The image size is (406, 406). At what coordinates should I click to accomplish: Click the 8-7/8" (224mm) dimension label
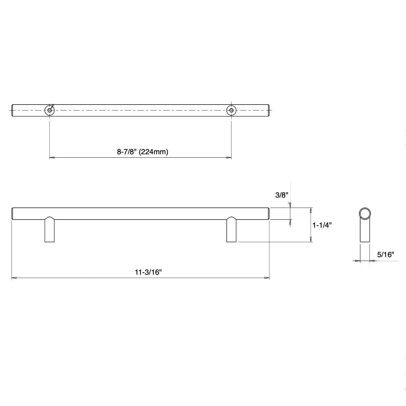[x=142, y=152]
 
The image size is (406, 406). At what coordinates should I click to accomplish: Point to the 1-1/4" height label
[x=322, y=225]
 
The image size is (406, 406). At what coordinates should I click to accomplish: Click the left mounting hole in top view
[x=50, y=110]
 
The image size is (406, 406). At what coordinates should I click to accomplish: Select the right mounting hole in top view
[x=231, y=110]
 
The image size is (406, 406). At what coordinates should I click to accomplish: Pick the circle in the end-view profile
[x=365, y=213]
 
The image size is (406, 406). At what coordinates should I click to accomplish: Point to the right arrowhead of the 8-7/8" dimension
[x=229, y=158]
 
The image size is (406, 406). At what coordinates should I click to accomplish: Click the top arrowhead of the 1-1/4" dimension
[x=311, y=210]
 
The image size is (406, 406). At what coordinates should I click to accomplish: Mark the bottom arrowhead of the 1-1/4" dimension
[x=311, y=240]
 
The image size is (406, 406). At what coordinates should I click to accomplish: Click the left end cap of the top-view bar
[x=13, y=110]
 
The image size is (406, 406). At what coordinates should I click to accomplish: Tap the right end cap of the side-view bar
[x=269, y=213]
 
